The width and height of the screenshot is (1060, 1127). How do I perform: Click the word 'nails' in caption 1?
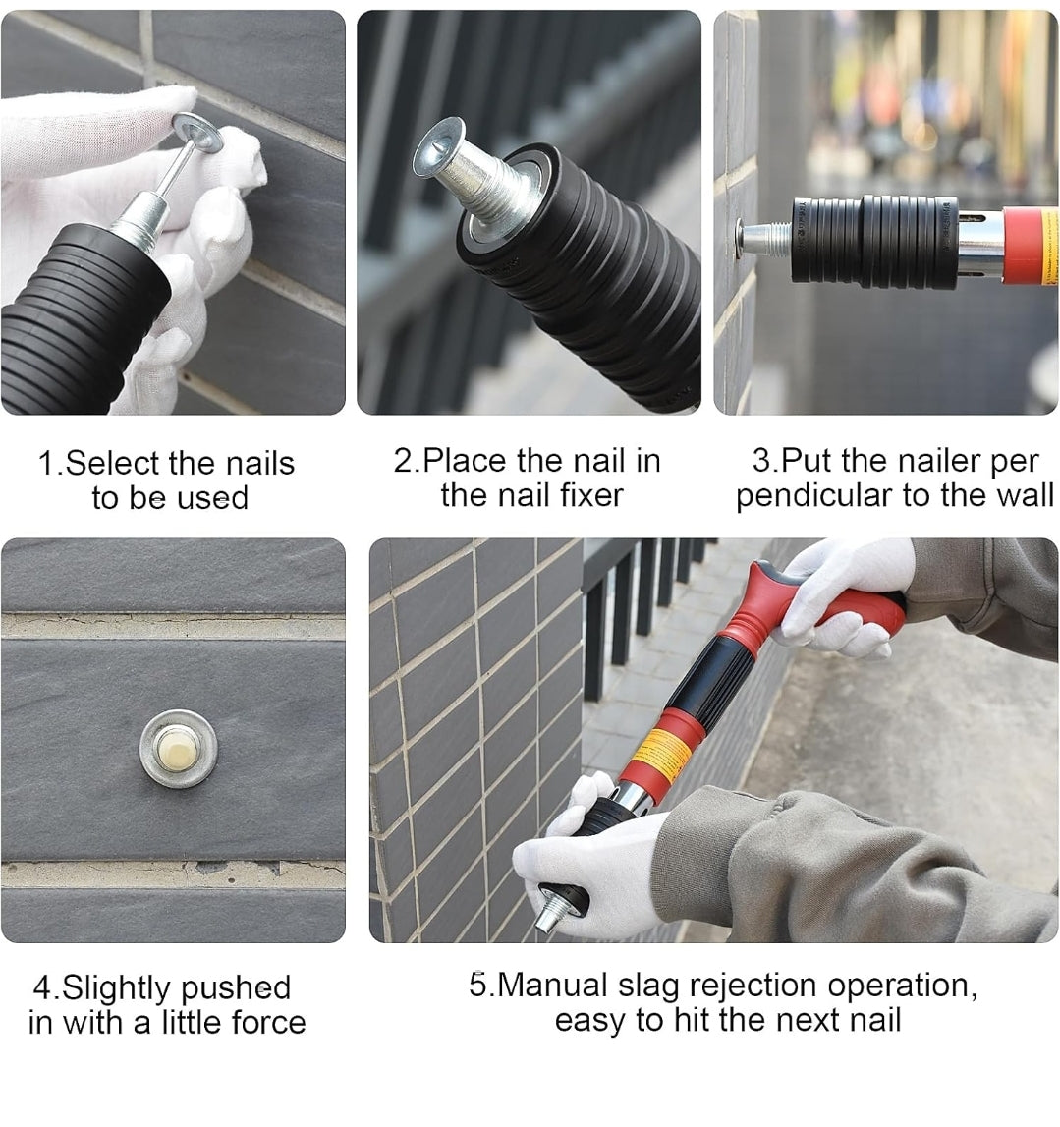259,463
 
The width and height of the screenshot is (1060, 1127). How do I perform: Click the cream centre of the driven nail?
177,748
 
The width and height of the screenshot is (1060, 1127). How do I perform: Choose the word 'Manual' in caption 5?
553,986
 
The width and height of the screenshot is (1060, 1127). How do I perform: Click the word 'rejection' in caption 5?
754,986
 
